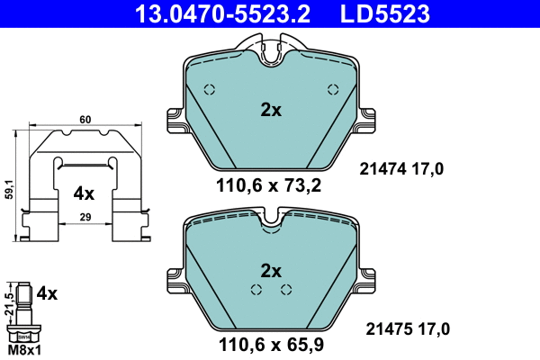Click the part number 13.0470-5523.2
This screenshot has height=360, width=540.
point(208,13)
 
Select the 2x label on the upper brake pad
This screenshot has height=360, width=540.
point(271,111)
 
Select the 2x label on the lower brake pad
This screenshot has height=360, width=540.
point(271,270)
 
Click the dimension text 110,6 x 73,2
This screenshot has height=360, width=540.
point(270,186)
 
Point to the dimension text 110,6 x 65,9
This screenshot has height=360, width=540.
point(270,343)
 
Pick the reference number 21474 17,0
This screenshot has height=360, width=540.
point(402,167)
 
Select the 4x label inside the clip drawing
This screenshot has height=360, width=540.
point(84,193)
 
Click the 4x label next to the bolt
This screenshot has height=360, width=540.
point(47,293)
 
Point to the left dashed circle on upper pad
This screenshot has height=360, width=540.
point(210,89)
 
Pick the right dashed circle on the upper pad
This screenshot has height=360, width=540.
point(332,89)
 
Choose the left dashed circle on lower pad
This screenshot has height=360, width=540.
point(256,289)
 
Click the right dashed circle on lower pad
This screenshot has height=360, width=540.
point(286,289)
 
